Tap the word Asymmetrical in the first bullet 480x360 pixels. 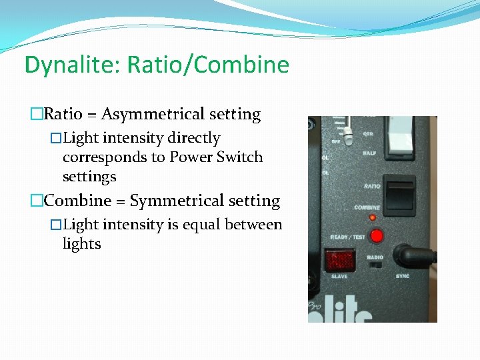(x=181, y=114)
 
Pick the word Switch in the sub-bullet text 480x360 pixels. (x=241, y=157)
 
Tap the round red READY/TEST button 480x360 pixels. (x=377, y=236)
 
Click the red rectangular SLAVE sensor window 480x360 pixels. (x=339, y=259)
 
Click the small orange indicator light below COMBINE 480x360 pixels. (x=372, y=217)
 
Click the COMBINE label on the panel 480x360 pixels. (x=367, y=207)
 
